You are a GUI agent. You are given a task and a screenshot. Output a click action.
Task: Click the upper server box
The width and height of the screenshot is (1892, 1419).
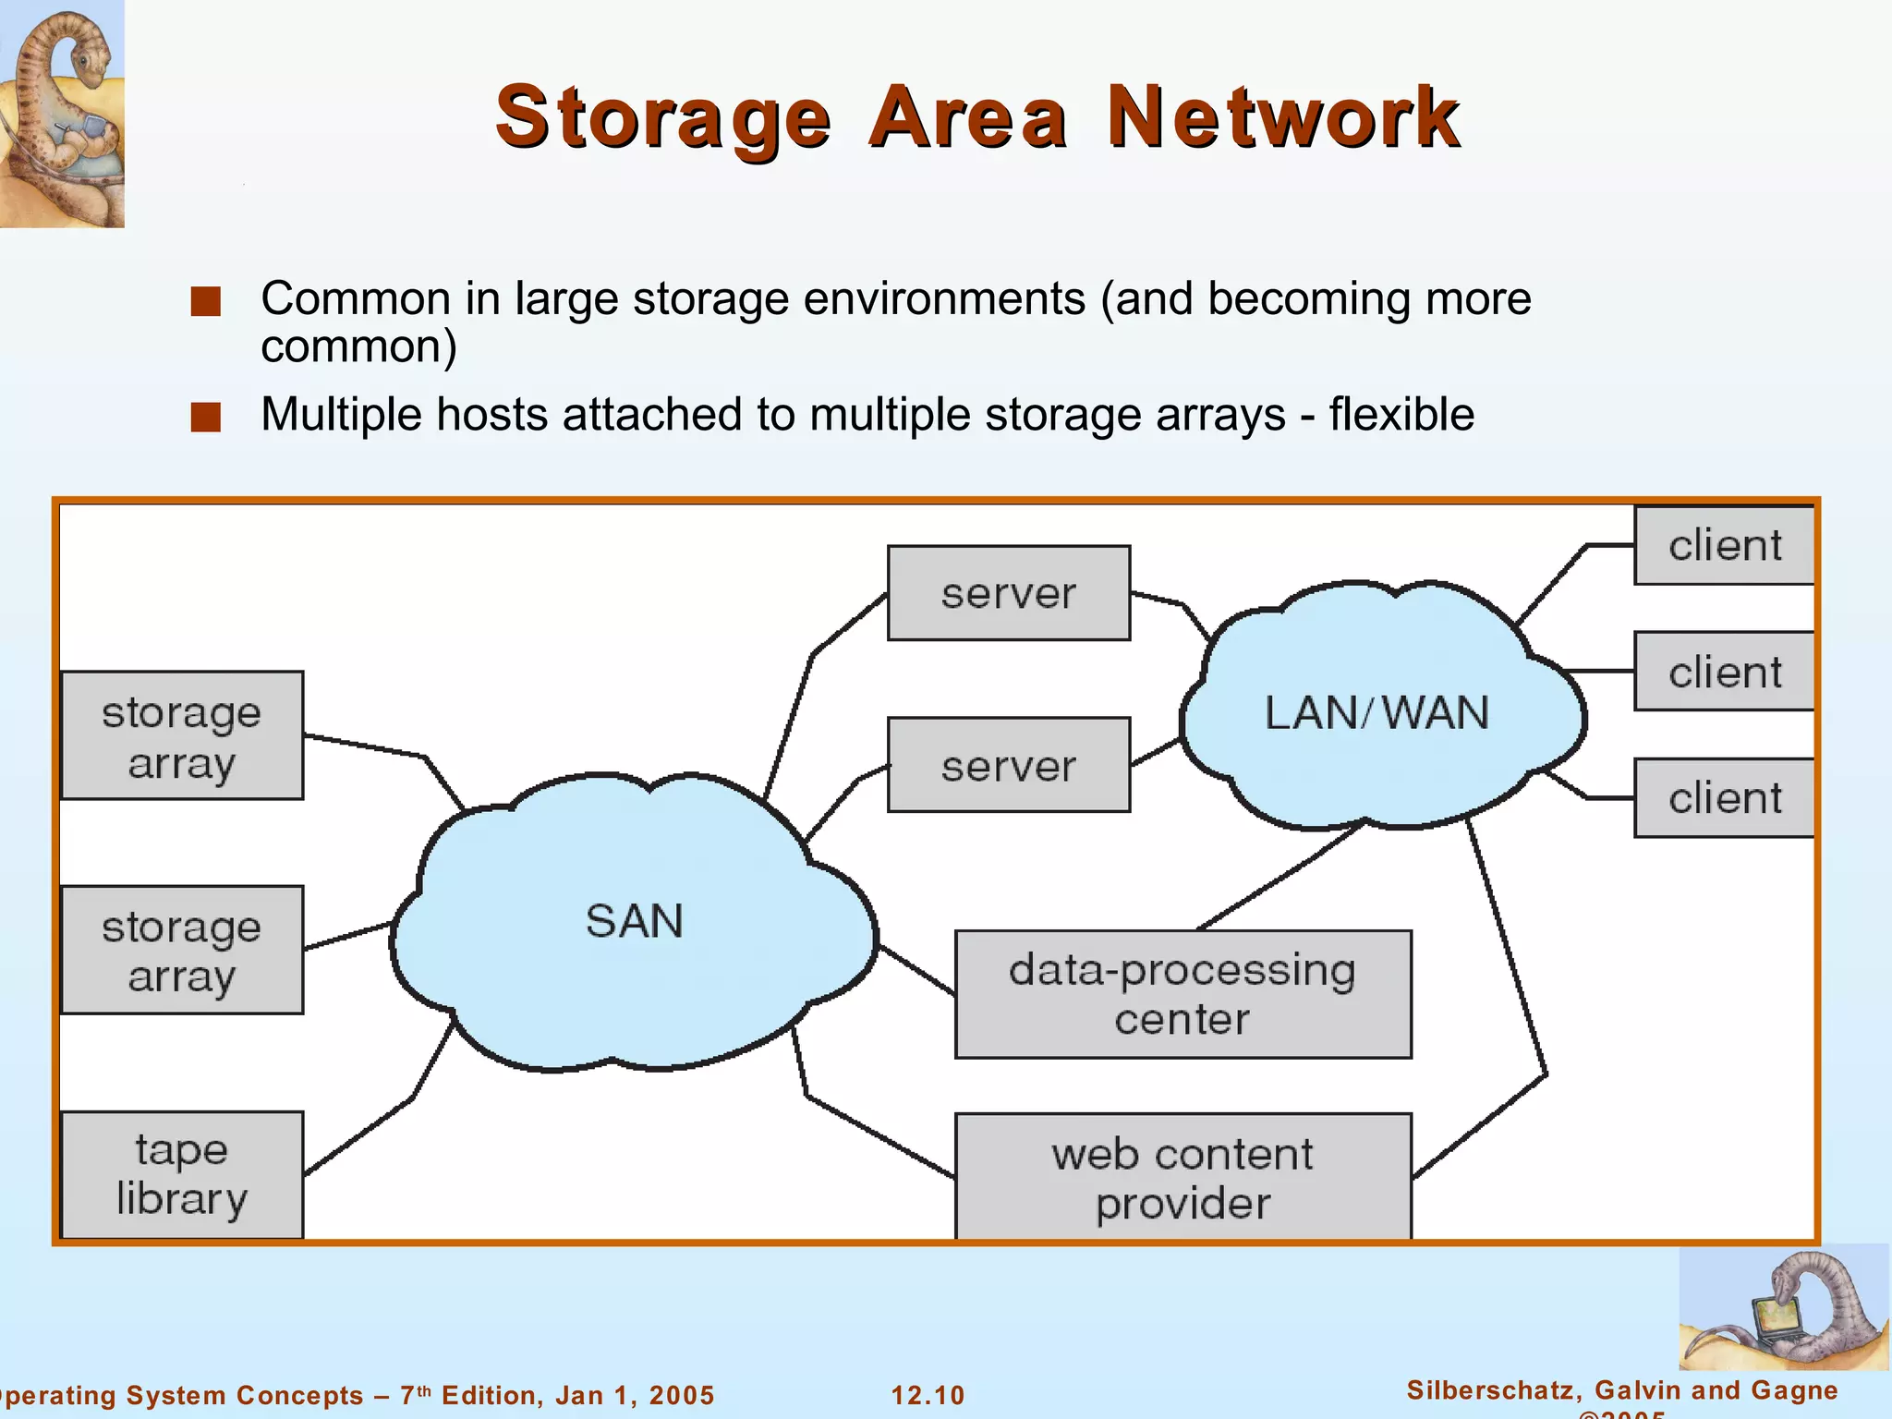pos(1008,593)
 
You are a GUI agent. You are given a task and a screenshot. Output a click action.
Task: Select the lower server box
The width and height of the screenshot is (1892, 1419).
pos(1008,765)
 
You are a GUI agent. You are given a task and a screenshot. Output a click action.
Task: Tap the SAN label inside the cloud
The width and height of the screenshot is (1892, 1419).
pos(635,921)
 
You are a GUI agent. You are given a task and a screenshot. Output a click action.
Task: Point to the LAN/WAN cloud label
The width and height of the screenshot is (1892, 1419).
pos(1377,713)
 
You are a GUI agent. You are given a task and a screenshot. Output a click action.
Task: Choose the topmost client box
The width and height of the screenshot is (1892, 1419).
pos(1724,545)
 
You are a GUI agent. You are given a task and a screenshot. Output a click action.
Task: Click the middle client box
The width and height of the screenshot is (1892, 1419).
pos(1724,672)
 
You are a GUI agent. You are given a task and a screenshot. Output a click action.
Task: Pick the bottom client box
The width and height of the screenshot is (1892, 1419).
pos(1724,798)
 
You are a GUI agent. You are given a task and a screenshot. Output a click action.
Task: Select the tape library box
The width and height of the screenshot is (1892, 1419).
pos(182,1175)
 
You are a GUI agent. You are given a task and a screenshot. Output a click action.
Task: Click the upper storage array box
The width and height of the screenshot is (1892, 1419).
pos(182,736)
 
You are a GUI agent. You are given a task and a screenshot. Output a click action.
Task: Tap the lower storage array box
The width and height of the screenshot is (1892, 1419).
pos(182,951)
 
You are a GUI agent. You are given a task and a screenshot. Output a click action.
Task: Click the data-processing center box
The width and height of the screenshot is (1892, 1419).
pos(1182,994)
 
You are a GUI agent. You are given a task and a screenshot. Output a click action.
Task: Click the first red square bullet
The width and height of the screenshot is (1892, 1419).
pos(206,301)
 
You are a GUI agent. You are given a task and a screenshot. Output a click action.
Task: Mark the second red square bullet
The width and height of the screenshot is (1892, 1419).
pos(206,417)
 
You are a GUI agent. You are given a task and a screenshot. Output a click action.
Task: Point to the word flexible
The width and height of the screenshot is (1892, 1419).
pos(1401,415)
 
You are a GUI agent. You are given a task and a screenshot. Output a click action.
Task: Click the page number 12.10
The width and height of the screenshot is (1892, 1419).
pos(928,1395)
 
